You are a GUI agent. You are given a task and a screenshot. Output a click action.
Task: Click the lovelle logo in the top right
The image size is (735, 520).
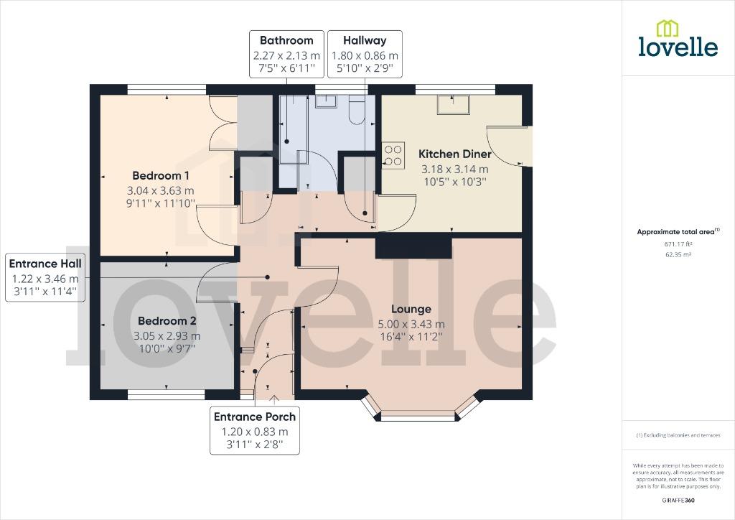coord(678,40)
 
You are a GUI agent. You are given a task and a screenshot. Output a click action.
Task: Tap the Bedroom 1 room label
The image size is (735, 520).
coord(161,175)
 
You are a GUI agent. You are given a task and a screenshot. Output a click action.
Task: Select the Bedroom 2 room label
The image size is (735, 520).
coord(167,321)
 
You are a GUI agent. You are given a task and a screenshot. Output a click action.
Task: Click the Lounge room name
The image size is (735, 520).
coord(411,309)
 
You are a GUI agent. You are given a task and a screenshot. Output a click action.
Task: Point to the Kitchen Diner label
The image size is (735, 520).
coord(454,154)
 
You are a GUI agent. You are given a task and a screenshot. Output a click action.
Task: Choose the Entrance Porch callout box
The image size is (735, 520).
coord(255,431)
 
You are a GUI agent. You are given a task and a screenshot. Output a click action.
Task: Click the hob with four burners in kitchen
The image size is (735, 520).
coord(393,155)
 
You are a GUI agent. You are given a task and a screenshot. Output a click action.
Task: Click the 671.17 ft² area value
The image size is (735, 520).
coord(678,244)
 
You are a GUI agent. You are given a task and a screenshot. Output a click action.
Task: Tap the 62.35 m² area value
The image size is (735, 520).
coord(678,254)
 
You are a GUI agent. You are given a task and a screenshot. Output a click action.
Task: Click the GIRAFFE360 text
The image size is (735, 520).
coord(678,500)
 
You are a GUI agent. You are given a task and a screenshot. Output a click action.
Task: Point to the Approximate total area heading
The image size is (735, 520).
coord(678,231)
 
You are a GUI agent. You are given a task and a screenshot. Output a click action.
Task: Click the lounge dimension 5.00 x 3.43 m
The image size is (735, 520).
coord(411,324)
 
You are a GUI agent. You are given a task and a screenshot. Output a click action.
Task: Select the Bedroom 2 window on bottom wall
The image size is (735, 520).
coord(166,394)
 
